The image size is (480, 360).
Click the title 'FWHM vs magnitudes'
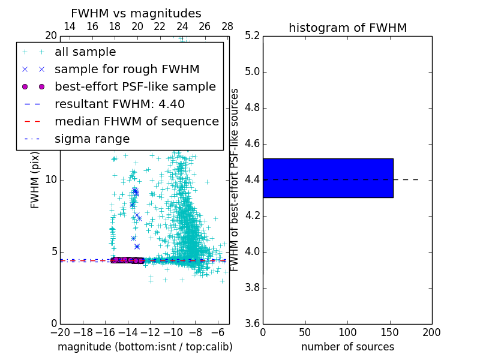(136, 13)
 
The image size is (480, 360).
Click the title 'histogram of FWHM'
(347, 28)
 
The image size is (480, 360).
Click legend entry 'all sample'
(85, 52)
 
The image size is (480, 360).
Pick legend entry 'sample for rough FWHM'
(127, 69)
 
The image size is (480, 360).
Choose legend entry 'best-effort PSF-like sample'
(135, 86)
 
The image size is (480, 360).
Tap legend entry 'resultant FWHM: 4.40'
(119, 104)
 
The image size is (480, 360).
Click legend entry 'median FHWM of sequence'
(136, 121)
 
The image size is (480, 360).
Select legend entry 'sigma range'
(92, 139)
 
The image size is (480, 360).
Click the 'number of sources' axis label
(347, 347)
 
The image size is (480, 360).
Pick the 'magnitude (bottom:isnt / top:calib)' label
(145, 347)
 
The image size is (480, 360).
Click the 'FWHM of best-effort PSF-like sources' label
(235, 179)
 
